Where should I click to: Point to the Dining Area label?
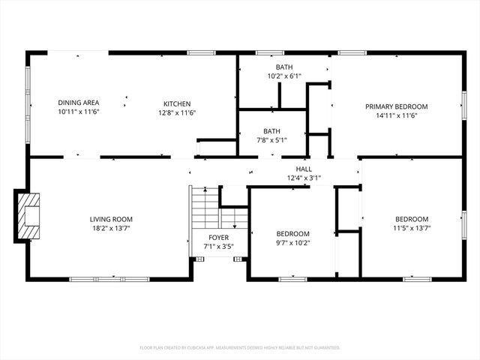(x=79, y=103)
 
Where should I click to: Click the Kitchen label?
(x=177, y=103)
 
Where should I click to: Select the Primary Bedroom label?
(x=396, y=106)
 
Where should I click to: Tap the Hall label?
(x=304, y=169)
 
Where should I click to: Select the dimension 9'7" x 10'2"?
(x=292, y=243)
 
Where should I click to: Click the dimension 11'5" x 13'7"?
(x=412, y=228)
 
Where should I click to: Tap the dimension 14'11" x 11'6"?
(x=396, y=115)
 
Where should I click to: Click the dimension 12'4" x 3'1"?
(x=304, y=178)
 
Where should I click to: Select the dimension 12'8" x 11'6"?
(x=177, y=112)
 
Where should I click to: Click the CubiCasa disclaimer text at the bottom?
(x=240, y=347)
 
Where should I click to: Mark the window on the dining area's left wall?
(x=28, y=104)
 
